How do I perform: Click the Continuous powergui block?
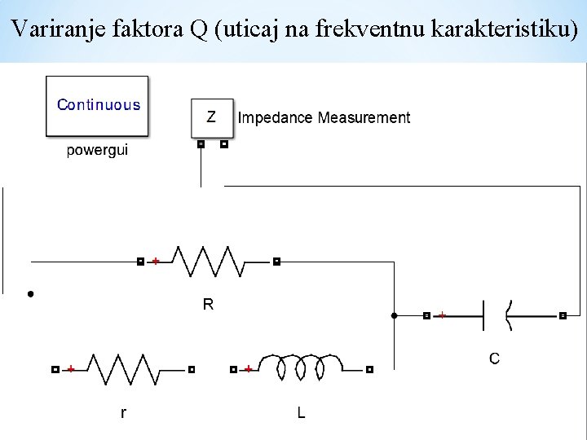tap(98, 106)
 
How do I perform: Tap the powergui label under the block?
tap(97, 151)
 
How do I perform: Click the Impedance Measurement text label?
tap(324, 118)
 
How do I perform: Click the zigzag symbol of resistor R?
tap(209, 262)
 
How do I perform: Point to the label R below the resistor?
tap(208, 304)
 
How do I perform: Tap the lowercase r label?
tap(123, 413)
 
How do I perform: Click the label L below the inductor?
tap(301, 413)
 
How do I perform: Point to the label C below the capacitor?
tap(494, 358)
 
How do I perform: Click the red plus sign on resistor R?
tap(156, 262)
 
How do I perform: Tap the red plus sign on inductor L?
tap(248, 369)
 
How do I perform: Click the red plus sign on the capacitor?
tap(442, 315)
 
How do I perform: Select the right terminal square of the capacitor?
tap(563, 315)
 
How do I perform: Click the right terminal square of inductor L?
tap(369, 369)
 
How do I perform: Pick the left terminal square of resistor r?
tap(55, 369)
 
